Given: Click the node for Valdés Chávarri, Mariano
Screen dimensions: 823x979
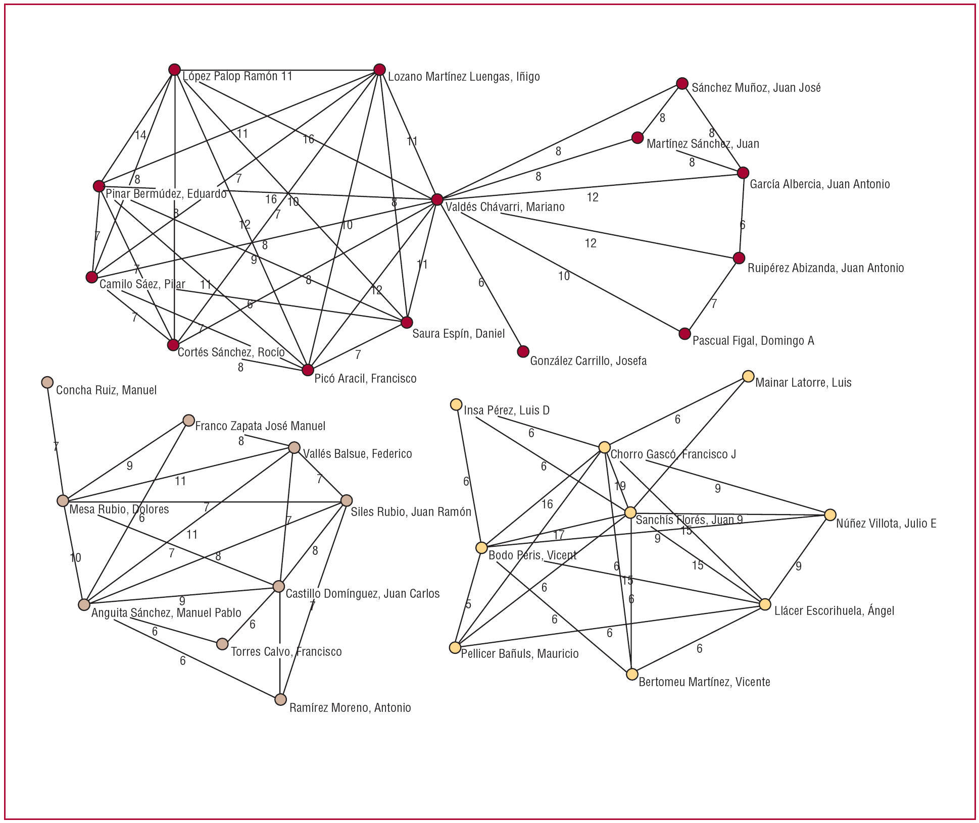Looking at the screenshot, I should pyautogui.click(x=437, y=199).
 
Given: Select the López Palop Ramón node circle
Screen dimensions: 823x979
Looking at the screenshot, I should pyautogui.click(x=174, y=70).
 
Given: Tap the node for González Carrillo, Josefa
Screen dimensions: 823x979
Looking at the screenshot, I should pyautogui.click(x=523, y=351).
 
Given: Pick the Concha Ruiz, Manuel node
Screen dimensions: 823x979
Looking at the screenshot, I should pyautogui.click(x=47, y=382).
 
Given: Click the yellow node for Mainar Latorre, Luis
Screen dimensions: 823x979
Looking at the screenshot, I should pyautogui.click(x=748, y=376).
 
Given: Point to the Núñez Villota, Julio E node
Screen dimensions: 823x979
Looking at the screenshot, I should pyautogui.click(x=830, y=515).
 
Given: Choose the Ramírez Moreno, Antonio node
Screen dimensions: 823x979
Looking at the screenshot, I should pyautogui.click(x=280, y=699).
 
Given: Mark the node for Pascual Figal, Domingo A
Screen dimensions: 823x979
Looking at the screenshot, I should pyautogui.click(x=684, y=334).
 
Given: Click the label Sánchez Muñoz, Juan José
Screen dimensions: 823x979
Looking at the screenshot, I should pyautogui.click(x=756, y=88).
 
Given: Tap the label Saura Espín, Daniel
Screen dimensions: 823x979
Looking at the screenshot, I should pyautogui.click(x=458, y=334).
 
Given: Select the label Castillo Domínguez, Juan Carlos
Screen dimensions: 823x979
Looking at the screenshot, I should pyautogui.click(x=362, y=594).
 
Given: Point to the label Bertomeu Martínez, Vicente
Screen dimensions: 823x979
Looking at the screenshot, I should pyautogui.click(x=704, y=682).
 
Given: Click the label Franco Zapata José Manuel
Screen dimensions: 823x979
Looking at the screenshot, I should pyautogui.click(x=260, y=426).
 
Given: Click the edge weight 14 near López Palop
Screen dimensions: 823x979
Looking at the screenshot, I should pyautogui.click(x=140, y=135).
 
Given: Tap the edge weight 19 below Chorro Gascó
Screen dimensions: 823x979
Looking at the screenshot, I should pyautogui.click(x=620, y=486).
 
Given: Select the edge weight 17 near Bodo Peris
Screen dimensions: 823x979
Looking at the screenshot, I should pyautogui.click(x=559, y=535).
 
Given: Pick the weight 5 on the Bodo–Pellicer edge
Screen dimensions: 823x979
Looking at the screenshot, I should pyautogui.click(x=468, y=604).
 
